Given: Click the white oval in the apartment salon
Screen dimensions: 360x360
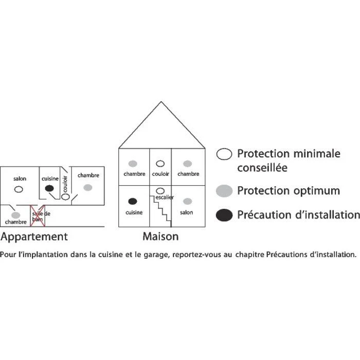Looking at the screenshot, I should pos(19,189).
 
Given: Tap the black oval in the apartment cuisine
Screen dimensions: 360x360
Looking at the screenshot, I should pos(49,189).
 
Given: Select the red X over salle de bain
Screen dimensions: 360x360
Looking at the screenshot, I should pos(38,217).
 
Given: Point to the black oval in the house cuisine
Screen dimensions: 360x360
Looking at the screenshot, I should pos(133,201).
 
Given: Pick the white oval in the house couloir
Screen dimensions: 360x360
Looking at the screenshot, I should pos(160,164).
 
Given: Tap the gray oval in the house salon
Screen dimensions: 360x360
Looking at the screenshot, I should pos(187,201).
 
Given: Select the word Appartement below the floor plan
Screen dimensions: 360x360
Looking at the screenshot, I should pos(34,237).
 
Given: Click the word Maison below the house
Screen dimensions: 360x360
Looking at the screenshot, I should pos(160,237).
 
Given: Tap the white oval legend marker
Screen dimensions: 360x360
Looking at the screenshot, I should pos(224,154).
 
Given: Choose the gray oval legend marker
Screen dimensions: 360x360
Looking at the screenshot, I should pos(224,191).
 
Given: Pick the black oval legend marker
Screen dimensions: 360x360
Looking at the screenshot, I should pos(224,215).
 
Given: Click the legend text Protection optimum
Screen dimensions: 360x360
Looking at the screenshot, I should pos(288,191).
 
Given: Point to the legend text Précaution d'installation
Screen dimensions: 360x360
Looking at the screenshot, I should pos(298,215).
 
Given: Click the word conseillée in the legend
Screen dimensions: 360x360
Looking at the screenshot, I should pos(262,168).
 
